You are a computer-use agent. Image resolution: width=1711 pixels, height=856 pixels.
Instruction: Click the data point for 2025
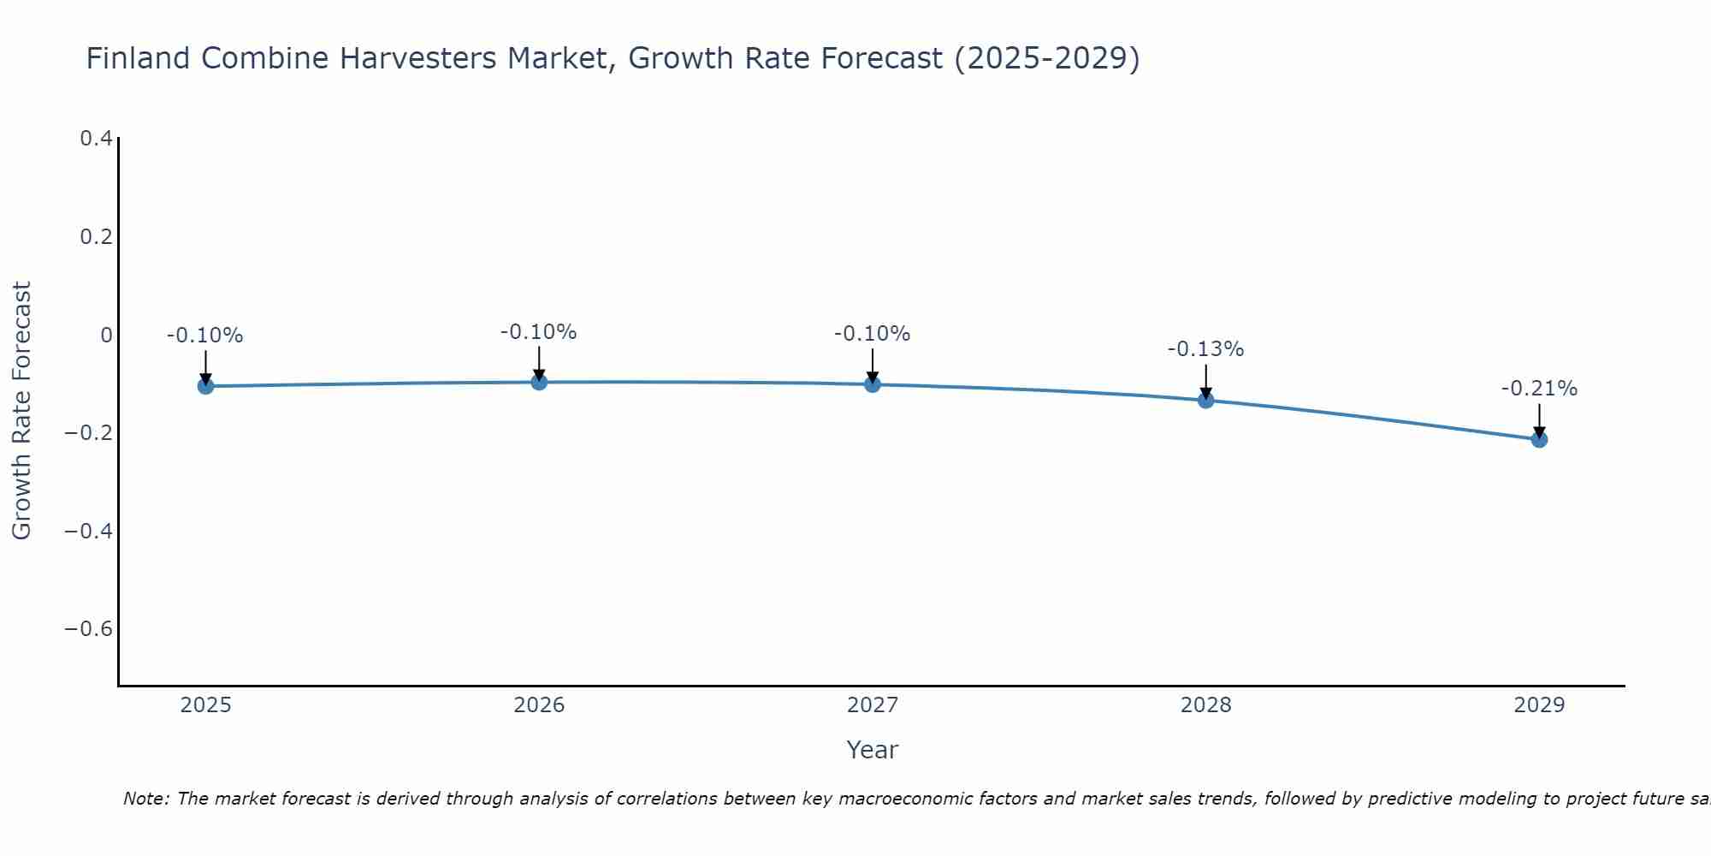click(x=205, y=386)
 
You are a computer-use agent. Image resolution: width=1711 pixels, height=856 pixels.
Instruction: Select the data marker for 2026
click(x=539, y=382)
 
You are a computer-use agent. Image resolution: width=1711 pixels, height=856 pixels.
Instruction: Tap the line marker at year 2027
click(x=873, y=384)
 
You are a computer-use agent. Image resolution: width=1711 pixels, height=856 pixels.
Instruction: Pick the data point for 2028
click(x=1205, y=400)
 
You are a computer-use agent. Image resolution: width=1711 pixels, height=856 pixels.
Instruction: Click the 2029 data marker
click(x=1539, y=439)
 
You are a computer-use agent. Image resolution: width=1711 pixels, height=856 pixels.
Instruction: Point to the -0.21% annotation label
click(x=1539, y=389)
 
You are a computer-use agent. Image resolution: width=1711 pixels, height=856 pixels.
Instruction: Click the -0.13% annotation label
click(x=1205, y=349)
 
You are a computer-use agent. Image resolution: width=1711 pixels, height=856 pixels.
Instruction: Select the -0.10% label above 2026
click(x=539, y=332)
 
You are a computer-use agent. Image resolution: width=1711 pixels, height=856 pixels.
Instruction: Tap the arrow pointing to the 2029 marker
click(x=1539, y=420)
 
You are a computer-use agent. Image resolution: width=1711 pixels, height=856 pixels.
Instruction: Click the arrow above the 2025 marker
click(x=205, y=367)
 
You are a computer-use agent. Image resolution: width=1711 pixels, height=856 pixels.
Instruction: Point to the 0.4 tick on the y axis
click(x=97, y=138)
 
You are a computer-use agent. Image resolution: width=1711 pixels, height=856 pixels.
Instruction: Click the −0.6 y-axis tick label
click(x=89, y=629)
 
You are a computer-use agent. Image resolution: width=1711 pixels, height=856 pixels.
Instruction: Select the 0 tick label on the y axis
click(x=106, y=335)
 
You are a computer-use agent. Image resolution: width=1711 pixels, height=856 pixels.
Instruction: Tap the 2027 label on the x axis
click(x=873, y=705)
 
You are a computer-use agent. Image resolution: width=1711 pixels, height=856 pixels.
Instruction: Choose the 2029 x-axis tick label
click(x=1539, y=705)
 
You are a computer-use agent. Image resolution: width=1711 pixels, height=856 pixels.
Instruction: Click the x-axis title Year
click(x=873, y=750)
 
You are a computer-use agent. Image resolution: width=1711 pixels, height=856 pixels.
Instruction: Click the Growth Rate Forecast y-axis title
click(x=21, y=411)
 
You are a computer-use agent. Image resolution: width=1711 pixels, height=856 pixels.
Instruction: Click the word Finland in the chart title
click(x=138, y=58)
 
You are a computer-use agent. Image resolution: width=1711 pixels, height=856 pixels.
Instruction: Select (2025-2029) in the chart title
click(x=1047, y=58)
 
